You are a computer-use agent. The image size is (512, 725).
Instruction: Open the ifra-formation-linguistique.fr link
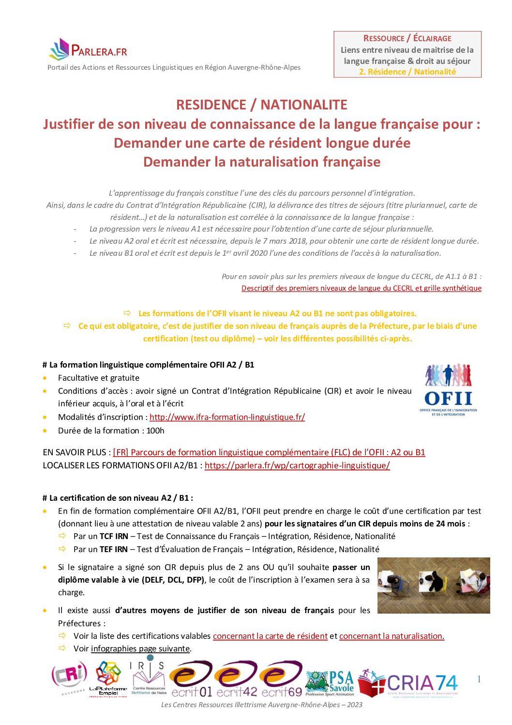(x=227, y=417)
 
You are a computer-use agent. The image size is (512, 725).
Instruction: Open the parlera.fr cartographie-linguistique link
(x=297, y=465)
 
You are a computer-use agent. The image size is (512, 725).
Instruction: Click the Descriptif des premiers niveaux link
(x=361, y=288)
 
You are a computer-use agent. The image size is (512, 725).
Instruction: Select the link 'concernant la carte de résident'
(x=270, y=636)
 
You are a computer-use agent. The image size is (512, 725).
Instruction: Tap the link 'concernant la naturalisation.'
(x=392, y=636)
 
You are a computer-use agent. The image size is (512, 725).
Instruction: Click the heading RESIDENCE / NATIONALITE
(x=262, y=105)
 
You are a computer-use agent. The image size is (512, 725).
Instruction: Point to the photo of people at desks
(x=433, y=585)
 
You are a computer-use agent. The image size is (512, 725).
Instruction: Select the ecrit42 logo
(x=237, y=680)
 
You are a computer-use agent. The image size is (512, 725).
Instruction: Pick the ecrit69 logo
(x=282, y=680)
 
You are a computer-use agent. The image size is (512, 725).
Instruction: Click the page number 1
(x=479, y=679)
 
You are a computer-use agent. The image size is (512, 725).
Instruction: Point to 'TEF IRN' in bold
(x=114, y=549)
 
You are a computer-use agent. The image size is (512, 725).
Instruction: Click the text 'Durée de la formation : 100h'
(x=111, y=431)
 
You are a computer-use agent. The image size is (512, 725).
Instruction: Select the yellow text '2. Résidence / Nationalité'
(x=407, y=72)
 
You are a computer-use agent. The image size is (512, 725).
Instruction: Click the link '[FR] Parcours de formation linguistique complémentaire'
(x=269, y=452)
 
